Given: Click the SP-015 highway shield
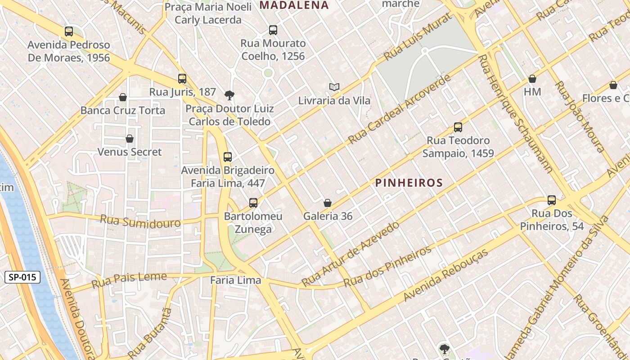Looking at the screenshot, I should [x=22, y=277].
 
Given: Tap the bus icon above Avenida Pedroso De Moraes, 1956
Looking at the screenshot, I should [x=69, y=31].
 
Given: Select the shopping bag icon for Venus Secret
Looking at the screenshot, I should [x=130, y=139].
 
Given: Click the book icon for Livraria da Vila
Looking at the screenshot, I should [x=334, y=87].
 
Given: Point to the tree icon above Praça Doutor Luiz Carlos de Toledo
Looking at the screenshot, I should [x=229, y=95].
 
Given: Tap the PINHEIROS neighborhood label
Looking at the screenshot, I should [x=409, y=183].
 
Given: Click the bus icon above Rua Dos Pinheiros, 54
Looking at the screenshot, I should [x=552, y=200].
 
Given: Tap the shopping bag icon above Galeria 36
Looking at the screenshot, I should [x=328, y=203].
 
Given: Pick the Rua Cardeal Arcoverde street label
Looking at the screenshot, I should [x=399, y=109].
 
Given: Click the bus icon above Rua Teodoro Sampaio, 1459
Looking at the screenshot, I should [x=458, y=127].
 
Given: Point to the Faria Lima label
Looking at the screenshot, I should [x=235, y=280].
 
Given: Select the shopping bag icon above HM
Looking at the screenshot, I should [x=532, y=79].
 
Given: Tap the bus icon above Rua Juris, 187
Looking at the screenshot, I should [x=182, y=79].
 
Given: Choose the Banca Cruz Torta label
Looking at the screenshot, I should [x=123, y=110].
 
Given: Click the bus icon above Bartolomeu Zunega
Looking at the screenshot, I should [x=253, y=203].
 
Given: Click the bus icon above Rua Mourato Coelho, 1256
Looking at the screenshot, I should [x=273, y=30].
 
